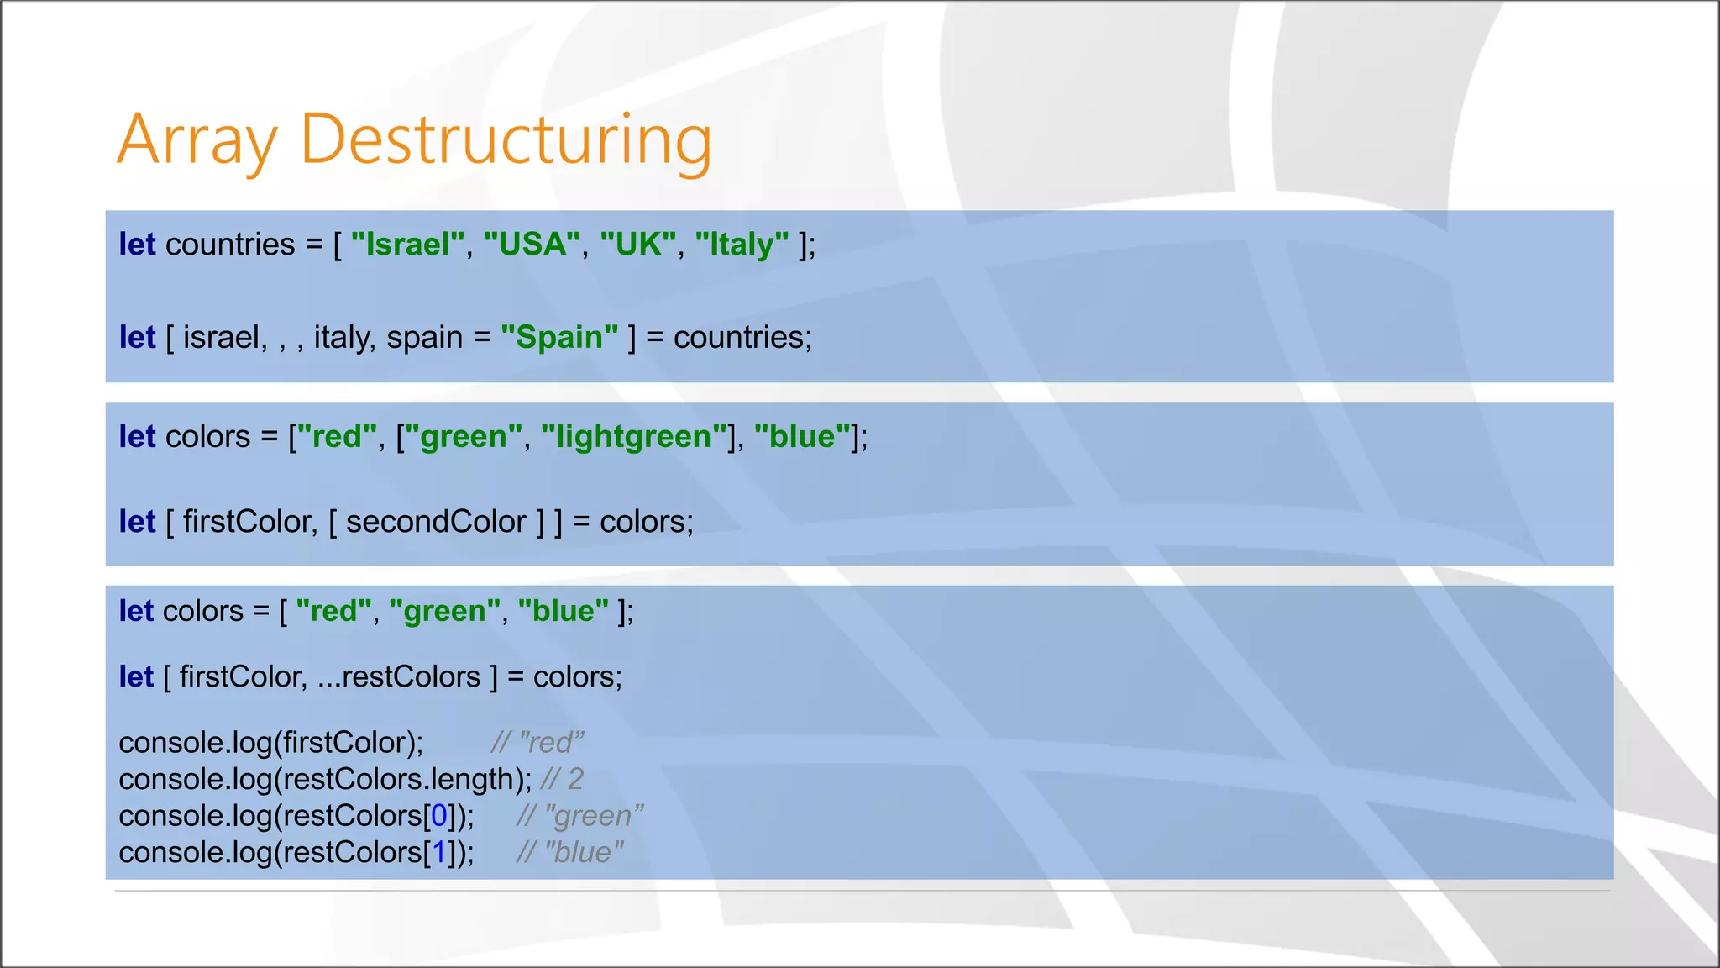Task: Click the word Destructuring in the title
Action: pyautogui.click(x=506, y=139)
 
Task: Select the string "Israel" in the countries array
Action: pyautogui.click(x=407, y=245)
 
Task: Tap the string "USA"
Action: pyautogui.click(x=532, y=245)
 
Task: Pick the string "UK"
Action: pyautogui.click(x=638, y=245)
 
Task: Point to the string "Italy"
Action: pyautogui.click(x=742, y=245)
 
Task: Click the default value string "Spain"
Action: pyautogui.click(x=559, y=337)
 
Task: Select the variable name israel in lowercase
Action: pyautogui.click(x=220, y=337)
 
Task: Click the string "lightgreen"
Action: pyautogui.click(x=634, y=436)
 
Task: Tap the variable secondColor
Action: pyautogui.click(x=436, y=522)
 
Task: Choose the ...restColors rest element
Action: pyautogui.click(x=399, y=676)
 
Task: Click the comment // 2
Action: pyautogui.click(x=562, y=779)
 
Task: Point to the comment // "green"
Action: pyautogui.click(x=579, y=816)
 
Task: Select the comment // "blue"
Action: pyautogui.click(x=570, y=852)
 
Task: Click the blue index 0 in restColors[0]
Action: pyautogui.click(x=438, y=816)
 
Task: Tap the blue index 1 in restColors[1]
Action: pyautogui.click(x=438, y=852)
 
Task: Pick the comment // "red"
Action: pyautogui.click(x=537, y=743)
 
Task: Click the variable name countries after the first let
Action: pyautogui.click(x=230, y=245)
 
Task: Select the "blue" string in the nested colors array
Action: pyautogui.click(x=802, y=436)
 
